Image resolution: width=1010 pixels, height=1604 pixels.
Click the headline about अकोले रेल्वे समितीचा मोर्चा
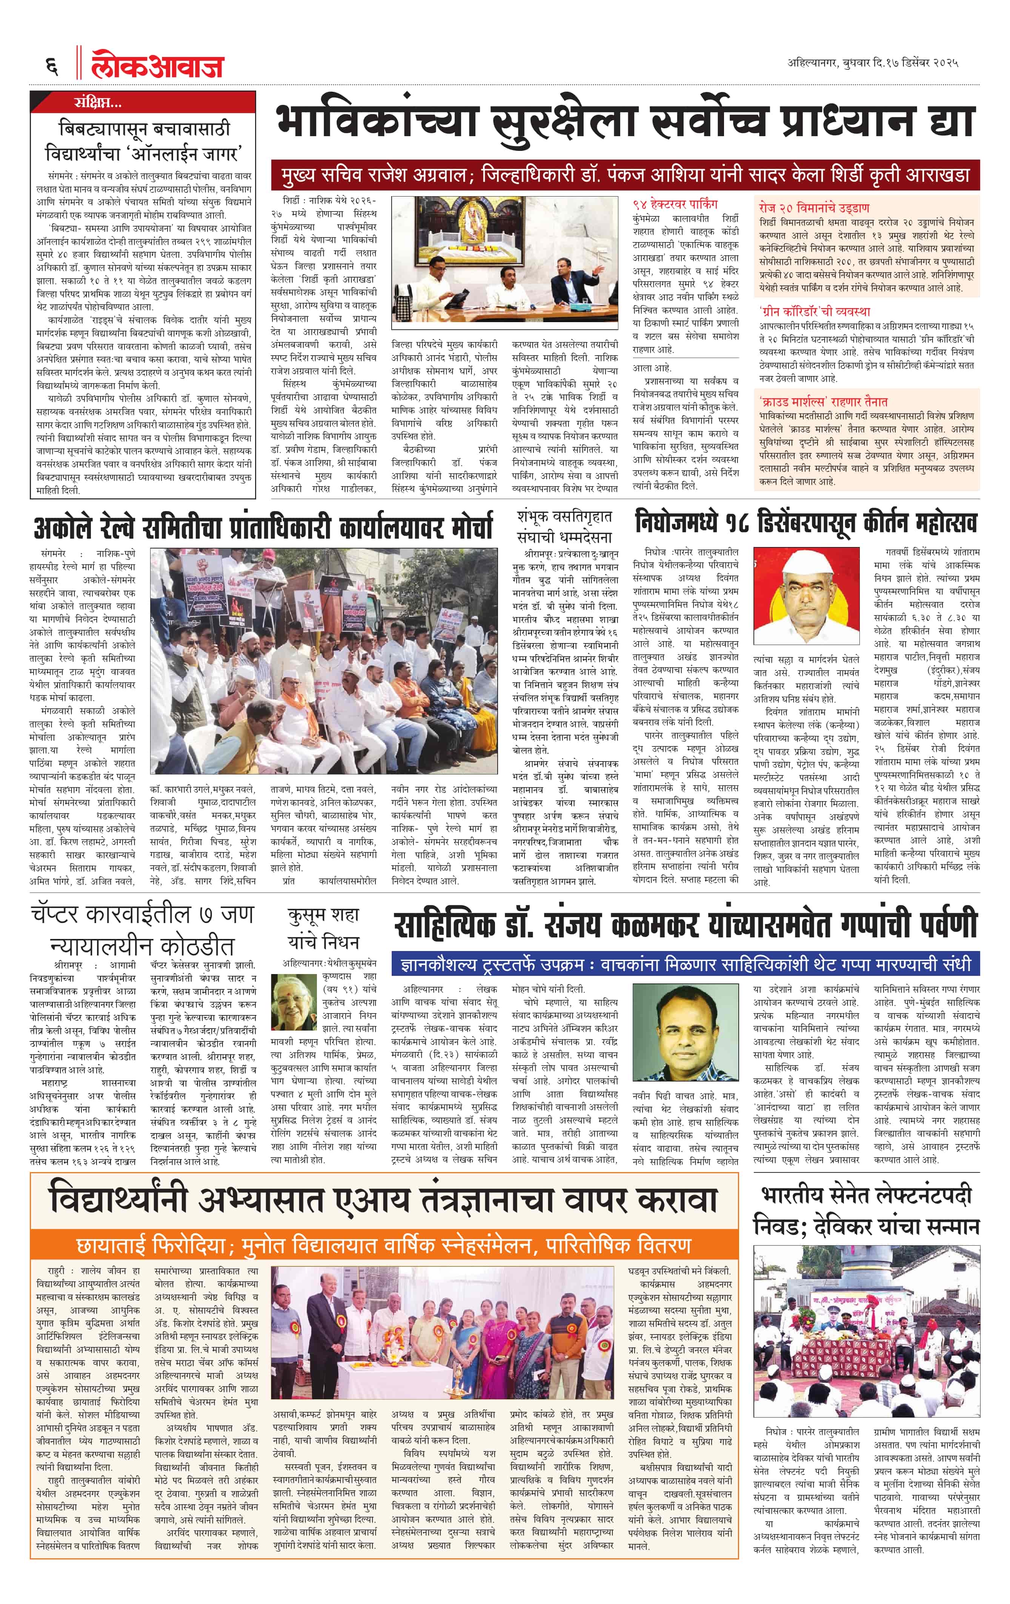[x=264, y=527]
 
